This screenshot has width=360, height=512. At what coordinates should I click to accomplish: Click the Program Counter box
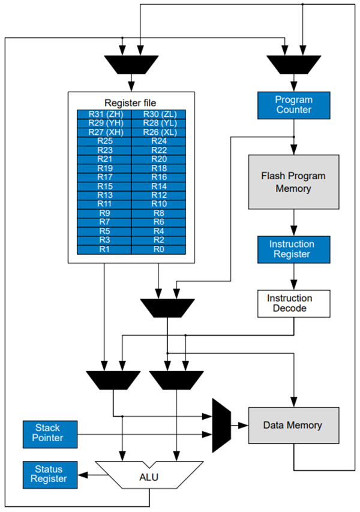point(293,105)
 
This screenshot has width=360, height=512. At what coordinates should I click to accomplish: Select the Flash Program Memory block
point(293,182)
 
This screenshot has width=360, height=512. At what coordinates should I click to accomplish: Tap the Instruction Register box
point(293,249)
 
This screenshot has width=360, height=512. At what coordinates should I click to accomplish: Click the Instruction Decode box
point(293,303)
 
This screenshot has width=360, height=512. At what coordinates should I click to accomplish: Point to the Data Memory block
point(293,425)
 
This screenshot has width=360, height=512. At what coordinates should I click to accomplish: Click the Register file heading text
point(131,102)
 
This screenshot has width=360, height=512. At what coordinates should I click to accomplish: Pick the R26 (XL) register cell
point(158,132)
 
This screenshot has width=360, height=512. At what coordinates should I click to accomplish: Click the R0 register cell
point(158,249)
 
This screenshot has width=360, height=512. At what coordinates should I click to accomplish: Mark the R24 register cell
point(158,141)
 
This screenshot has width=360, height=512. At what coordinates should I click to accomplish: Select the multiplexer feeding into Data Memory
point(221,425)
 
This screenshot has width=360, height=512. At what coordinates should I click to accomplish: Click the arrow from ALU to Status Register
point(86,474)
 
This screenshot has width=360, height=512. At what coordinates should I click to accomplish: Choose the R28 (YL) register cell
point(158,123)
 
